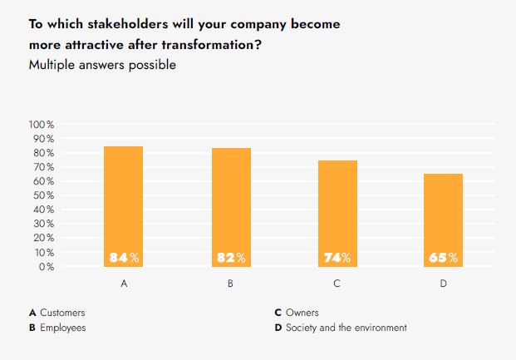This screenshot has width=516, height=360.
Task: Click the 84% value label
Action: (x=124, y=258)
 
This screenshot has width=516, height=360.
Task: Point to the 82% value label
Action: (x=231, y=258)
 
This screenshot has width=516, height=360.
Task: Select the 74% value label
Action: (x=337, y=258)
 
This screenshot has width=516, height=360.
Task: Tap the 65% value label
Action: (x=444, y=258)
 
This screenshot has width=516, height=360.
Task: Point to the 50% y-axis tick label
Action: (x=43, y=195)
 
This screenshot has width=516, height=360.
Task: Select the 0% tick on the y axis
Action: (x=47, y=267)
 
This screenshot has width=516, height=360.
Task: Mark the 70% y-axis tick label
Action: (x=43, y=167)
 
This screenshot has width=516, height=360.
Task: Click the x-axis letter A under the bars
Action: (x=124, y=284)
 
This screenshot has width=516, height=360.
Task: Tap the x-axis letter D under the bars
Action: (x=444, y=284)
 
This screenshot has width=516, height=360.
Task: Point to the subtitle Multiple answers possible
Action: (x=102, y=65)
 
